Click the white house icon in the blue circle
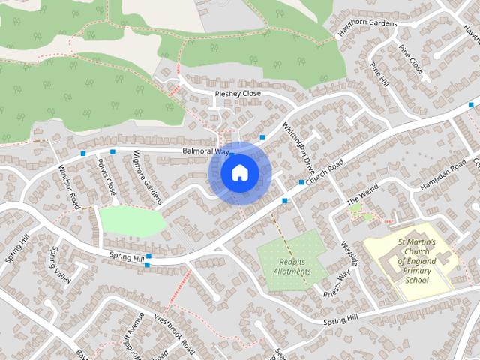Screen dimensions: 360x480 (x=238, y=173)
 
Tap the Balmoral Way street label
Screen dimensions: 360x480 (x=205, y=151)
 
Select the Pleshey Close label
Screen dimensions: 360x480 (x=238, y=94)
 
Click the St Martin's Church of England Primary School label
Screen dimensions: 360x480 (x=412, y=261)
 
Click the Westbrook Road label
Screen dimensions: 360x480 (x=173, y=331)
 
